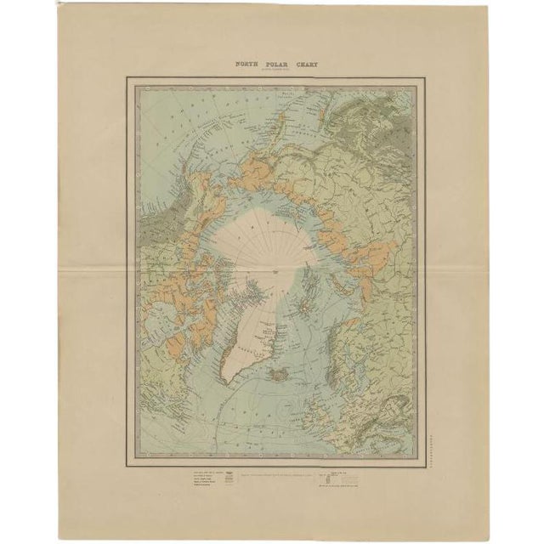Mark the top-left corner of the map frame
pos(127,77)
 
